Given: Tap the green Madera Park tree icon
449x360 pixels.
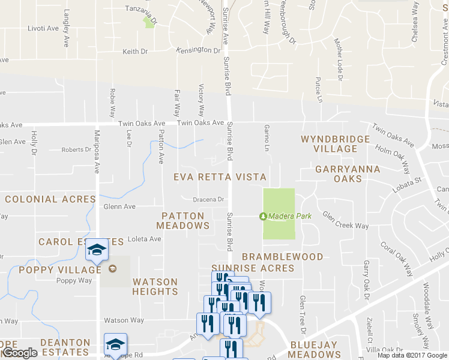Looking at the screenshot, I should (262, 216).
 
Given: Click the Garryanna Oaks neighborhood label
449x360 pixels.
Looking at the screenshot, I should (348, 174).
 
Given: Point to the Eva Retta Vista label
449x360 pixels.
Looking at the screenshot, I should (220, 177).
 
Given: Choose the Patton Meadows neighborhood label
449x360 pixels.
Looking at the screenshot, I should (182, 220).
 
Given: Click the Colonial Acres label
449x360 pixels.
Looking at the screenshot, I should (50, 199).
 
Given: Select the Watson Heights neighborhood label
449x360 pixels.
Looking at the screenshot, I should (155, 286).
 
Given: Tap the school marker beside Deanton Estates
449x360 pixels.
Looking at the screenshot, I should (115, 345).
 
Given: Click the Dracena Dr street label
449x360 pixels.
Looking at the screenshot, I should (208, 199).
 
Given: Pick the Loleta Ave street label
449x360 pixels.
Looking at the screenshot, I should (145, 239).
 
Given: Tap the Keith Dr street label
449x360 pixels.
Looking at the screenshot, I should (135, 52).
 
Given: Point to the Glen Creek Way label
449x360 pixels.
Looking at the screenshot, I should (345, 220).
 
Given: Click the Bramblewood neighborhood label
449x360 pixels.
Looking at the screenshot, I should (282, 257).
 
